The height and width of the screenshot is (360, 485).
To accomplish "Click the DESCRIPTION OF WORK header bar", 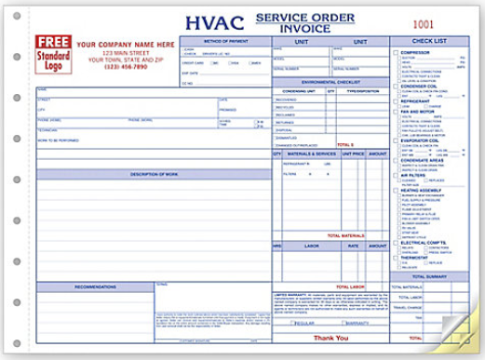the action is tap(154, 174).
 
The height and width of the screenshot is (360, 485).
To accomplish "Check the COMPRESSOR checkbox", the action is tap(396, 52).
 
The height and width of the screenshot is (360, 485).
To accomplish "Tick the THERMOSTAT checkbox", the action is tap(396, 256).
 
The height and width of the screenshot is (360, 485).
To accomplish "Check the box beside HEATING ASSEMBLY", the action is tap(396, 190).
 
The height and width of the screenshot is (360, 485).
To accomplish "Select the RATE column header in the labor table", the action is tap(354, 246).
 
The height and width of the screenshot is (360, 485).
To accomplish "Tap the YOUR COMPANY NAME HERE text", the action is tap(116, 45).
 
